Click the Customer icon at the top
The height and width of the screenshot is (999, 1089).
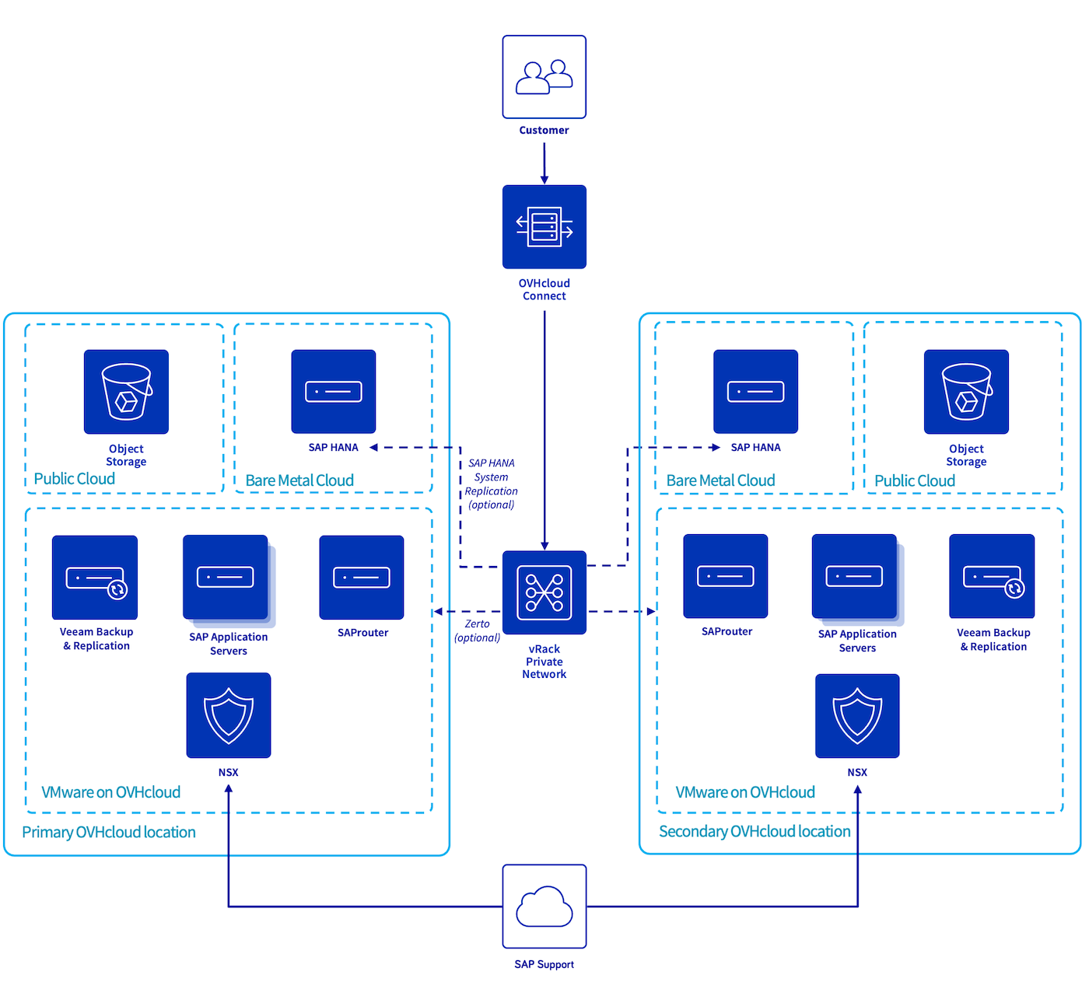click(x=544, y=77)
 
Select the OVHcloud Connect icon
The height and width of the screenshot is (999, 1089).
click(x=544, y=226)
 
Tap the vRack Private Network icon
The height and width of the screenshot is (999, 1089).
click(x=544, y=592)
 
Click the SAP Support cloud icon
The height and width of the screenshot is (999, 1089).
click(x=544, y=906)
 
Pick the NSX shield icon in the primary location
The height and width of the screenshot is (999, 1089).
click(x=229, y=715)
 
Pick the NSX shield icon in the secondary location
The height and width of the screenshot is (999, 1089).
click(x=857, y=715)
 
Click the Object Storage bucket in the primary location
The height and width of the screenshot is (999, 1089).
click(x=126, y=392)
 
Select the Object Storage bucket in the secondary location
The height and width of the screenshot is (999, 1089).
click(x=966, y=392)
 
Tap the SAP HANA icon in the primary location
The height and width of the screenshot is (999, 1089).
click(x=334, y=392)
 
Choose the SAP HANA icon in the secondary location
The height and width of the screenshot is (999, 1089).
click(x=755, y=392)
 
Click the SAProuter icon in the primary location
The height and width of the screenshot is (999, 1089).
click(x=362, y=578)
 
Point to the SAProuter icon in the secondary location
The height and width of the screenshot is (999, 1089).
click(x=726, y=576)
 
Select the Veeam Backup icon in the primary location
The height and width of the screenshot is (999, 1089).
click(x=95, y=578)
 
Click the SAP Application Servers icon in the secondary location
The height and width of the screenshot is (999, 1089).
click(x=855, y=577)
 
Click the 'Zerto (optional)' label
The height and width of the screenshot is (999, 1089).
click(x=477, y=630)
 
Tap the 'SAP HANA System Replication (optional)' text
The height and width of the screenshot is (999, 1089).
click(x=491, y=484)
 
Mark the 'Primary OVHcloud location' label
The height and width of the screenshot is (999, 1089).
click(x=109, y=832)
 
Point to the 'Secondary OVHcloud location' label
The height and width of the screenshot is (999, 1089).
click(x=755, y=831)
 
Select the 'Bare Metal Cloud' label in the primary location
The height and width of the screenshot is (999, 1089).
click(x=299, y=480)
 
